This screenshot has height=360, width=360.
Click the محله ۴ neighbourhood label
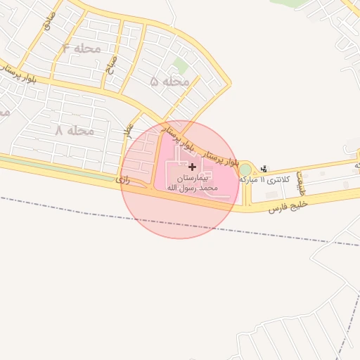[82, 49]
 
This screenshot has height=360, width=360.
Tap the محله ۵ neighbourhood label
[169, 82]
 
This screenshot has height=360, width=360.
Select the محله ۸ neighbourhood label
[75, 131]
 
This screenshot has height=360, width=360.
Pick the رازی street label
[124, 180]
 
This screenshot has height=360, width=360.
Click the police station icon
[264, 168]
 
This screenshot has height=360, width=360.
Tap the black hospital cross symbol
[193, 167]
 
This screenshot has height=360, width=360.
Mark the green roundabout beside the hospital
[245, 169]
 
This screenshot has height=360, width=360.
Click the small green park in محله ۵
[181, 66]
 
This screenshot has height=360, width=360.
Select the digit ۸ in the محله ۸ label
[59, 131]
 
